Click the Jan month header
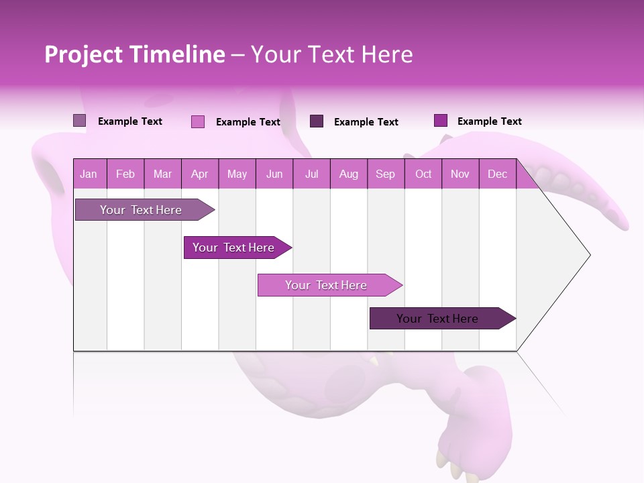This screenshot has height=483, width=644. pos(89,174)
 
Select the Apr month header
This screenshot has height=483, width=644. pos(200,174)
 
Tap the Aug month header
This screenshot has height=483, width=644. pos(348,174)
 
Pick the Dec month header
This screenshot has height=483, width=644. pos(497,174)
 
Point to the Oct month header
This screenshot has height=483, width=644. pos(423,174)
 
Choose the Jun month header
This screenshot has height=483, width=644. pos(274,174)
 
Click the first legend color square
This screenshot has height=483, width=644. pos(79,121)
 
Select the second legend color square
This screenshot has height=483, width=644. pos(197,121)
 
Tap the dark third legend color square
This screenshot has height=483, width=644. pos(317,121)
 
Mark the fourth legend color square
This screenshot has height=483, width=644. pos(440,121)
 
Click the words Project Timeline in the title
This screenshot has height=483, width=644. pos(134,54)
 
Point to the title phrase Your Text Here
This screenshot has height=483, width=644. pos(331,54)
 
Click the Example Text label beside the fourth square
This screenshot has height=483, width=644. pos(489,121)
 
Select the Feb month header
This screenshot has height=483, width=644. pos(125,174)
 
